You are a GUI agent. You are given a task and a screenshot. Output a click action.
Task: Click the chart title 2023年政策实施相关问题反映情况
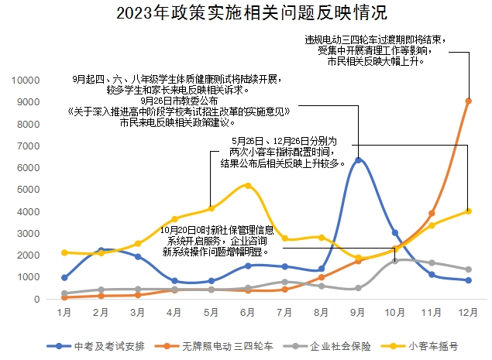(246, 13)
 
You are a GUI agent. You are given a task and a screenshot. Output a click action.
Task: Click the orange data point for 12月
(468, 101)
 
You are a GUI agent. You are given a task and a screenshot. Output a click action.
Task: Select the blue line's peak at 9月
(358, 160)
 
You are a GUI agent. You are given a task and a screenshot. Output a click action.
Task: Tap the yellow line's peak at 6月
(248, 185)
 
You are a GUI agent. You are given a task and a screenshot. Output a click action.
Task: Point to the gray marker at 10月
(394, 260)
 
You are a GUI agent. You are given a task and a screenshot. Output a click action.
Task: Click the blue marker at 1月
(64, 277)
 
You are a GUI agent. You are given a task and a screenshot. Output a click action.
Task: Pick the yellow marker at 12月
(468, 211)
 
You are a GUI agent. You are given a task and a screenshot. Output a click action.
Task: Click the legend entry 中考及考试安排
(98, 345)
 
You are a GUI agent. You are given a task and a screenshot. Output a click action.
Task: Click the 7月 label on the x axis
(284, 311)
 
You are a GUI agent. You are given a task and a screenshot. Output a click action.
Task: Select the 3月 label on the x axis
(138, 311)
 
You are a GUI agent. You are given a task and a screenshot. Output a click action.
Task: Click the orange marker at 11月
(432, 214)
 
